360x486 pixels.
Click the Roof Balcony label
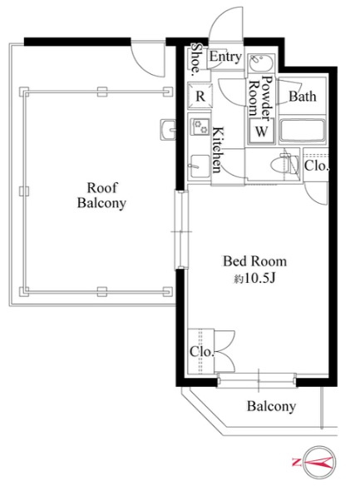click(x=101, y=196)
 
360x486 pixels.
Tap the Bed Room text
click(x=254, y=261)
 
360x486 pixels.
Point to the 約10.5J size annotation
click(x=254, y=279)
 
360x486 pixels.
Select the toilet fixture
click(x=284, y=165)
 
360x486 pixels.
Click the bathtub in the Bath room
click(x=302, y=130)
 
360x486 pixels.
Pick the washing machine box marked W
click(x=262, y=131)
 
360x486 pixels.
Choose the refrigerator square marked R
click(x=200, y=96)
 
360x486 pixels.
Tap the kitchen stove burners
click(x=200, y=126)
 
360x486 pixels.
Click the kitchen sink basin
click(x=199, y=166)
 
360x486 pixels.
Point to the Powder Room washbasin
click(x=260, y=63)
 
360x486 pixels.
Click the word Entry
click(x=225, y=57)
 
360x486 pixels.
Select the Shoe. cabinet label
click(x=196, y=59)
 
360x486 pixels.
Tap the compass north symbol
click(x=319, y=463)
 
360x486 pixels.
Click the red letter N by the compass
click(x=296, y=463)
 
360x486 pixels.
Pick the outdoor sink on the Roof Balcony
click(x=168, y=130)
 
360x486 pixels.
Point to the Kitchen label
click(x=217, y=150)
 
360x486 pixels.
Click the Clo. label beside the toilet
click(x=316, y=166)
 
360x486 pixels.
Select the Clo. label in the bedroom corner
click(x=201, y=352)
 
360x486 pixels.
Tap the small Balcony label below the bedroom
click(x=271, y=406)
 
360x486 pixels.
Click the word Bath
click(x=303, y=97)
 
